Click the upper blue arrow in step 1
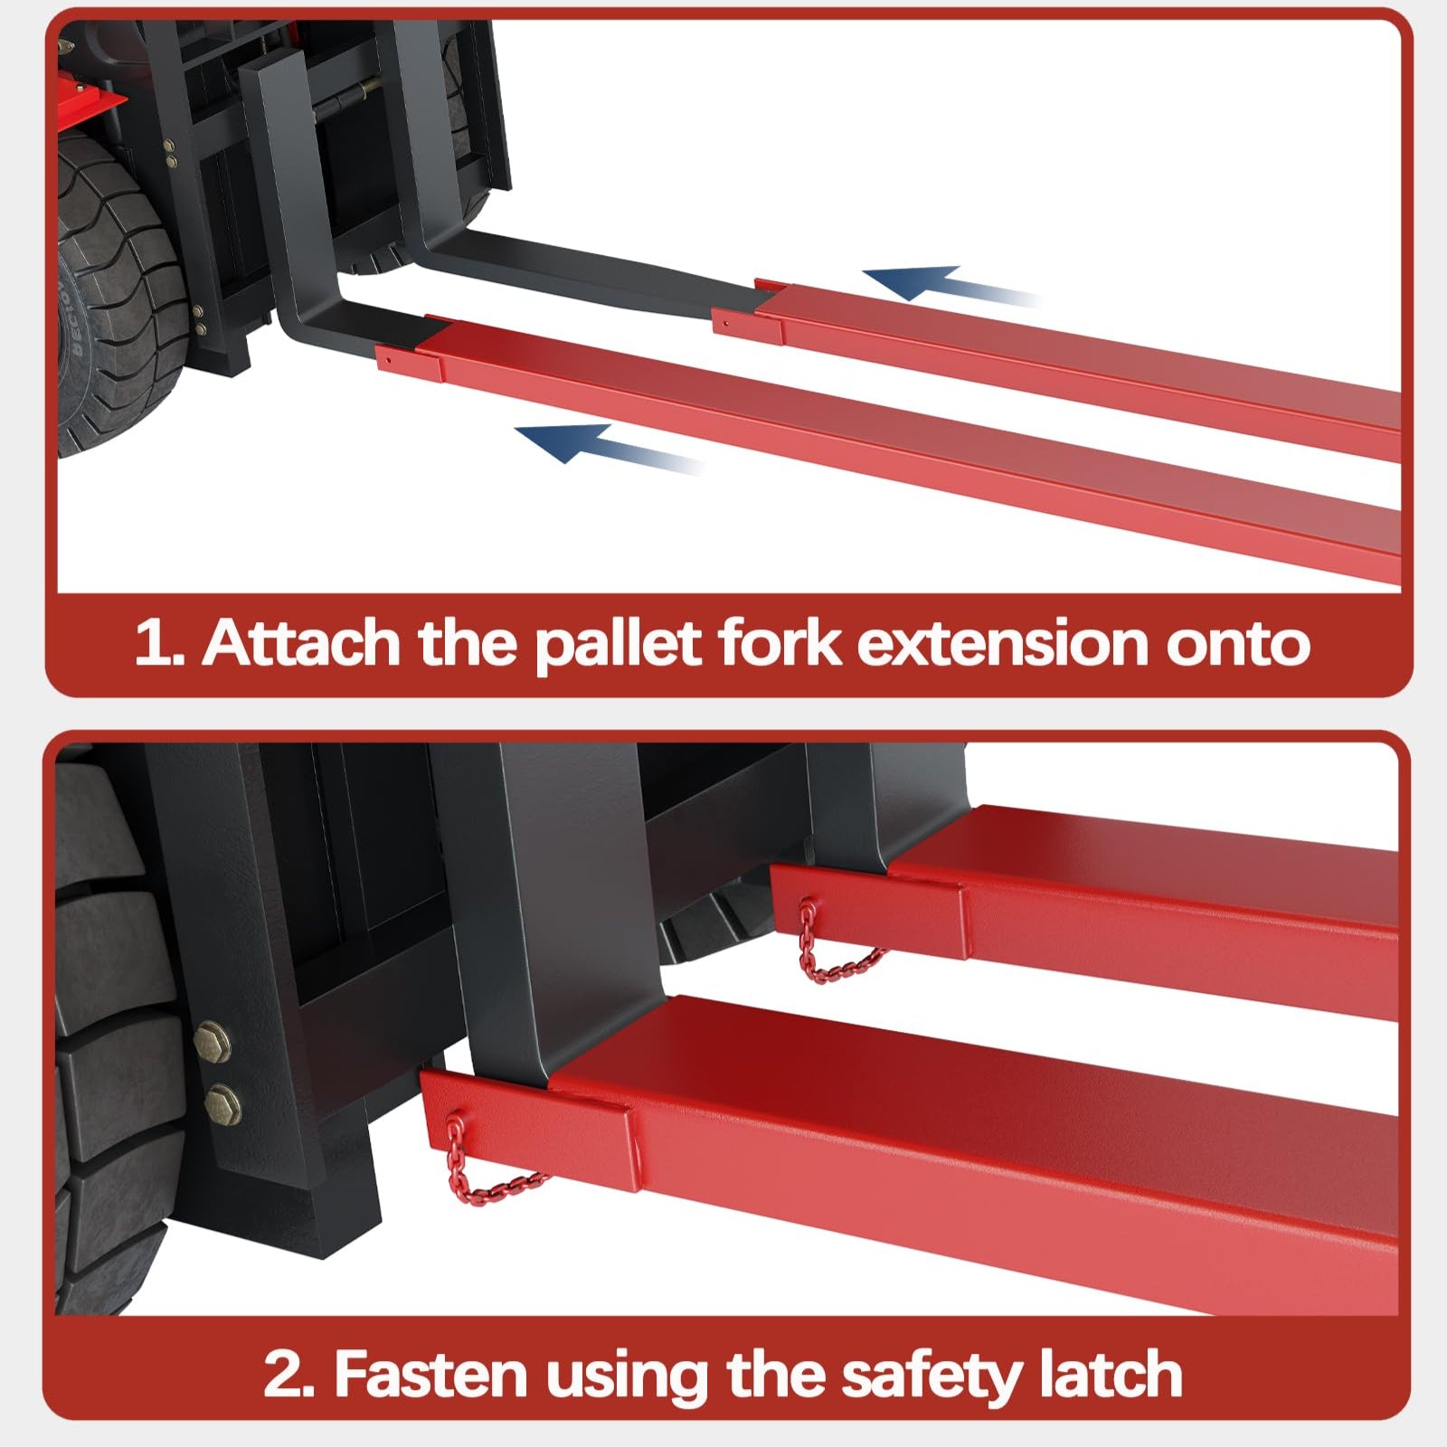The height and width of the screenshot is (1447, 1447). point(950,287)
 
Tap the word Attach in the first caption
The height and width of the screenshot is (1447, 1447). point(301,643)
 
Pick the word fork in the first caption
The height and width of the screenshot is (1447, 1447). point(779,643)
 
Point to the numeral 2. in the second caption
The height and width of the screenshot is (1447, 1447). point(290,1376)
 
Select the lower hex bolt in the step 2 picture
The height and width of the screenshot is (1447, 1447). point(222,1102)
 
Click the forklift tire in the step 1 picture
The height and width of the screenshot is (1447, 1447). point(118,298)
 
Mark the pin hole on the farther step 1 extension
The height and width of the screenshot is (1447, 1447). point(724,318)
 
